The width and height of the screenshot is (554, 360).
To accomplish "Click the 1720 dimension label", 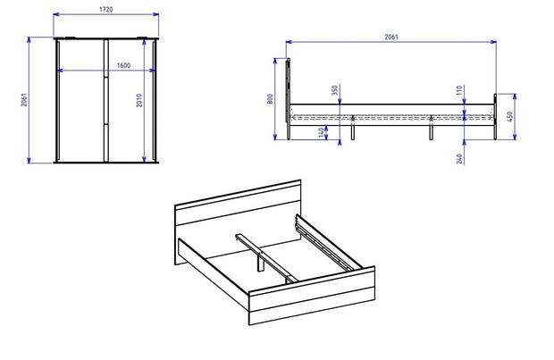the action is click(106, 10).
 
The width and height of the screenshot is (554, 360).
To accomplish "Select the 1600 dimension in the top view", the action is click(123, 65).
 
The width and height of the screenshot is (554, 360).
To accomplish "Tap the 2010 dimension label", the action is click(139, 100).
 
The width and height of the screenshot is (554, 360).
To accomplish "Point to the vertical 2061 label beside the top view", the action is click(23, 100).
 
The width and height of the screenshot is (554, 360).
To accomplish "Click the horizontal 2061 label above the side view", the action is click(391, 37).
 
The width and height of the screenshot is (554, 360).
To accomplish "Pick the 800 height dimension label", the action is click(270, 99).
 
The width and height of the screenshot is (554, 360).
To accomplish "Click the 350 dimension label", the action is click(335, 90).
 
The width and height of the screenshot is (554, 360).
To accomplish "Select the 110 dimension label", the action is click(459, 90).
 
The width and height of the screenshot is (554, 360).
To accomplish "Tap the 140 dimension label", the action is click(321, 132).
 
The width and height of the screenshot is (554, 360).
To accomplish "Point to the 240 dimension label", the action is click(459, 159).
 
